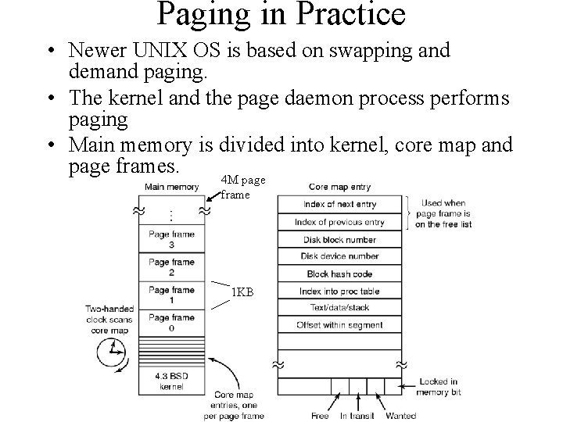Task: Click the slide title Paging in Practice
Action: point(281,14)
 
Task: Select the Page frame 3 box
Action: point(171,239)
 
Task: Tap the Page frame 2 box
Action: point(171,267)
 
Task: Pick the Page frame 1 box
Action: point(171,295)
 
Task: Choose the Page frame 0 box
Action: point(171,322)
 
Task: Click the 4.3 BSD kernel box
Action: point(171,382)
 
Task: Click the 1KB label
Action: point(242,293)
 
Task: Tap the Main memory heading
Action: point(171,186)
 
